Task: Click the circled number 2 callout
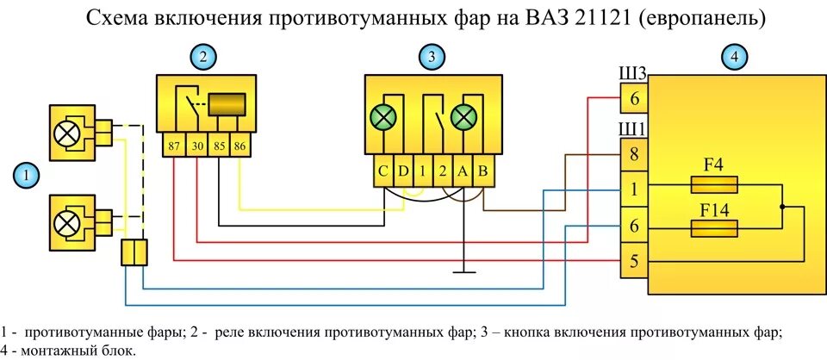click(x=202, y=58)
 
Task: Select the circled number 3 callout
click(x=431, y=58)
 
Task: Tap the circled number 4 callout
click(x=733, y=58)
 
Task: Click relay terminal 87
click(x=174, y=146)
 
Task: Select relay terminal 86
click(x=239, y=146)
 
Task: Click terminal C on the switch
click(x=382, y=171)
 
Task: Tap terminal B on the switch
click(x=483, y=171)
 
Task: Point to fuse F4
click(x=714, y=185)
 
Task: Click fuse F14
click(x=714, y=228)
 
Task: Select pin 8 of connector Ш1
click(x=634, y=155)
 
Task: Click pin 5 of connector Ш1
click(x=634, y=261)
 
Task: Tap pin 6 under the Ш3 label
click(x=634, y=98)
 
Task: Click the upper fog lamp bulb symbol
click(x=67, y=133)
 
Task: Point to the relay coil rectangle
click(x=229, y=104)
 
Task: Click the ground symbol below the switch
click(x=463, y=274)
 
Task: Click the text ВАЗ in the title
click(x=539, y=18)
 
